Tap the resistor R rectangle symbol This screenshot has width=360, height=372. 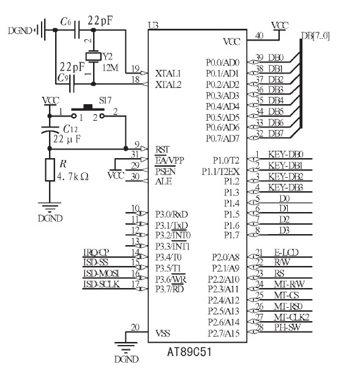[x=50, y=170]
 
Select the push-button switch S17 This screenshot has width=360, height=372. [x=88, y=112]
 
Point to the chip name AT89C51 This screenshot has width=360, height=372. [x=189, y=352]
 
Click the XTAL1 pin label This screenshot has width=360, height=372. [x=168, y=74]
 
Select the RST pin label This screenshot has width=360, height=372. [x=162, y=150]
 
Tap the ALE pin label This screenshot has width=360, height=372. [x=163, y=182]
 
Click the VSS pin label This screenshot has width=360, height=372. [x=163, y=333]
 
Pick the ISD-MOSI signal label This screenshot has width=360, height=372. [x=101, y=273]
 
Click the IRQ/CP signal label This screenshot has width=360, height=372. [x=96, y=252]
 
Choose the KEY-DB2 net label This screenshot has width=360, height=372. [x=285, y=177]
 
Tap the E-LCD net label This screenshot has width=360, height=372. [x=286, y=252]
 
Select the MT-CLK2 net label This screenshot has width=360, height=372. [x=291, y=317]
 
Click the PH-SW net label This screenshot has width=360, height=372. [x=287, y=327]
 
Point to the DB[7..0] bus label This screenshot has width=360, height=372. [x=315, y=36]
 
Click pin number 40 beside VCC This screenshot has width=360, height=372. [x=259, y=36]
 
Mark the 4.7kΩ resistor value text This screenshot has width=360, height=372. [x=73, y=177]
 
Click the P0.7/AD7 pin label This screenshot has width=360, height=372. [x=222, y=138]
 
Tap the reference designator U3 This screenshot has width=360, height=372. [x=153, y=25]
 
